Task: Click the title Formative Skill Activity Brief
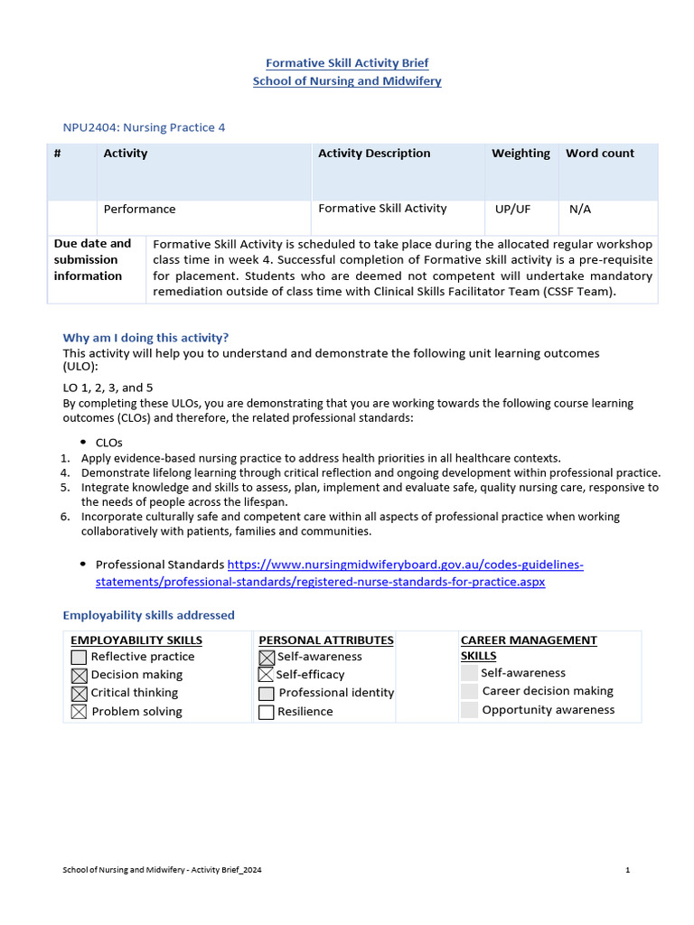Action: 347,63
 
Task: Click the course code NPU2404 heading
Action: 144,127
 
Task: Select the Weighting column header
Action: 520,154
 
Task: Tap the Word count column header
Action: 600,154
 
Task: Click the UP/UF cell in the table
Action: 512,209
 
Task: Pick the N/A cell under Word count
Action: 580,209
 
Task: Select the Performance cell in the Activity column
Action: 139,209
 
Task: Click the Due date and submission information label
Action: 92,259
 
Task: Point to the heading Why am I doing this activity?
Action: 145,338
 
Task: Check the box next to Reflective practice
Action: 79,658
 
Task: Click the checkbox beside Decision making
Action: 79,676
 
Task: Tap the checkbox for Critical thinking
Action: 79,694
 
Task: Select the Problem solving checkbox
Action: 79,712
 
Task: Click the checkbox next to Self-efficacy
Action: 266,675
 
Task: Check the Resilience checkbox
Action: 266,712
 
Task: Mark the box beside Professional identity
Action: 266,694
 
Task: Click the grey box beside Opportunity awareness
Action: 469,710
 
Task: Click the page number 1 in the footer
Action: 627,870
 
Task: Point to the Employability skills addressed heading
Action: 148,615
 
